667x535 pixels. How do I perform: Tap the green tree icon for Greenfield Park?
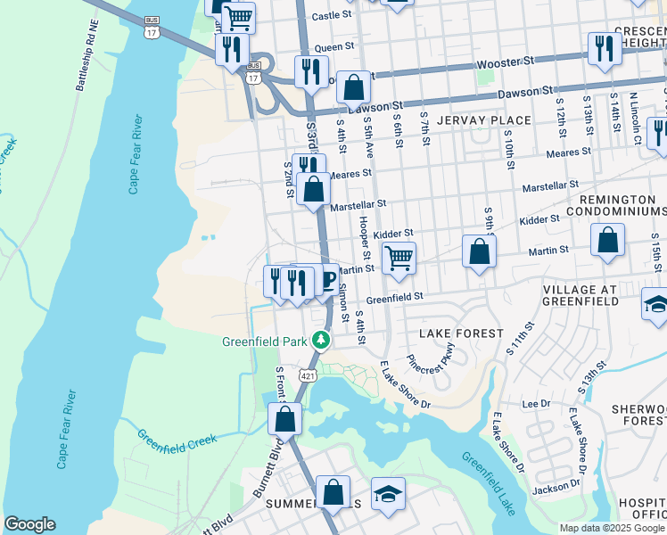point(320,340)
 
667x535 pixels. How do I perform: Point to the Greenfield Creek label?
point(177,439)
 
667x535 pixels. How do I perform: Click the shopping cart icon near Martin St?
point(399,258)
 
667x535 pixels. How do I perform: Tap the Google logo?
point(29,524)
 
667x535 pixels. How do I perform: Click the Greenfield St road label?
point(393,298)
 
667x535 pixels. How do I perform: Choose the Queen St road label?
point(334,46)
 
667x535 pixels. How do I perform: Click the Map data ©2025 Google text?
point(612,528)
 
